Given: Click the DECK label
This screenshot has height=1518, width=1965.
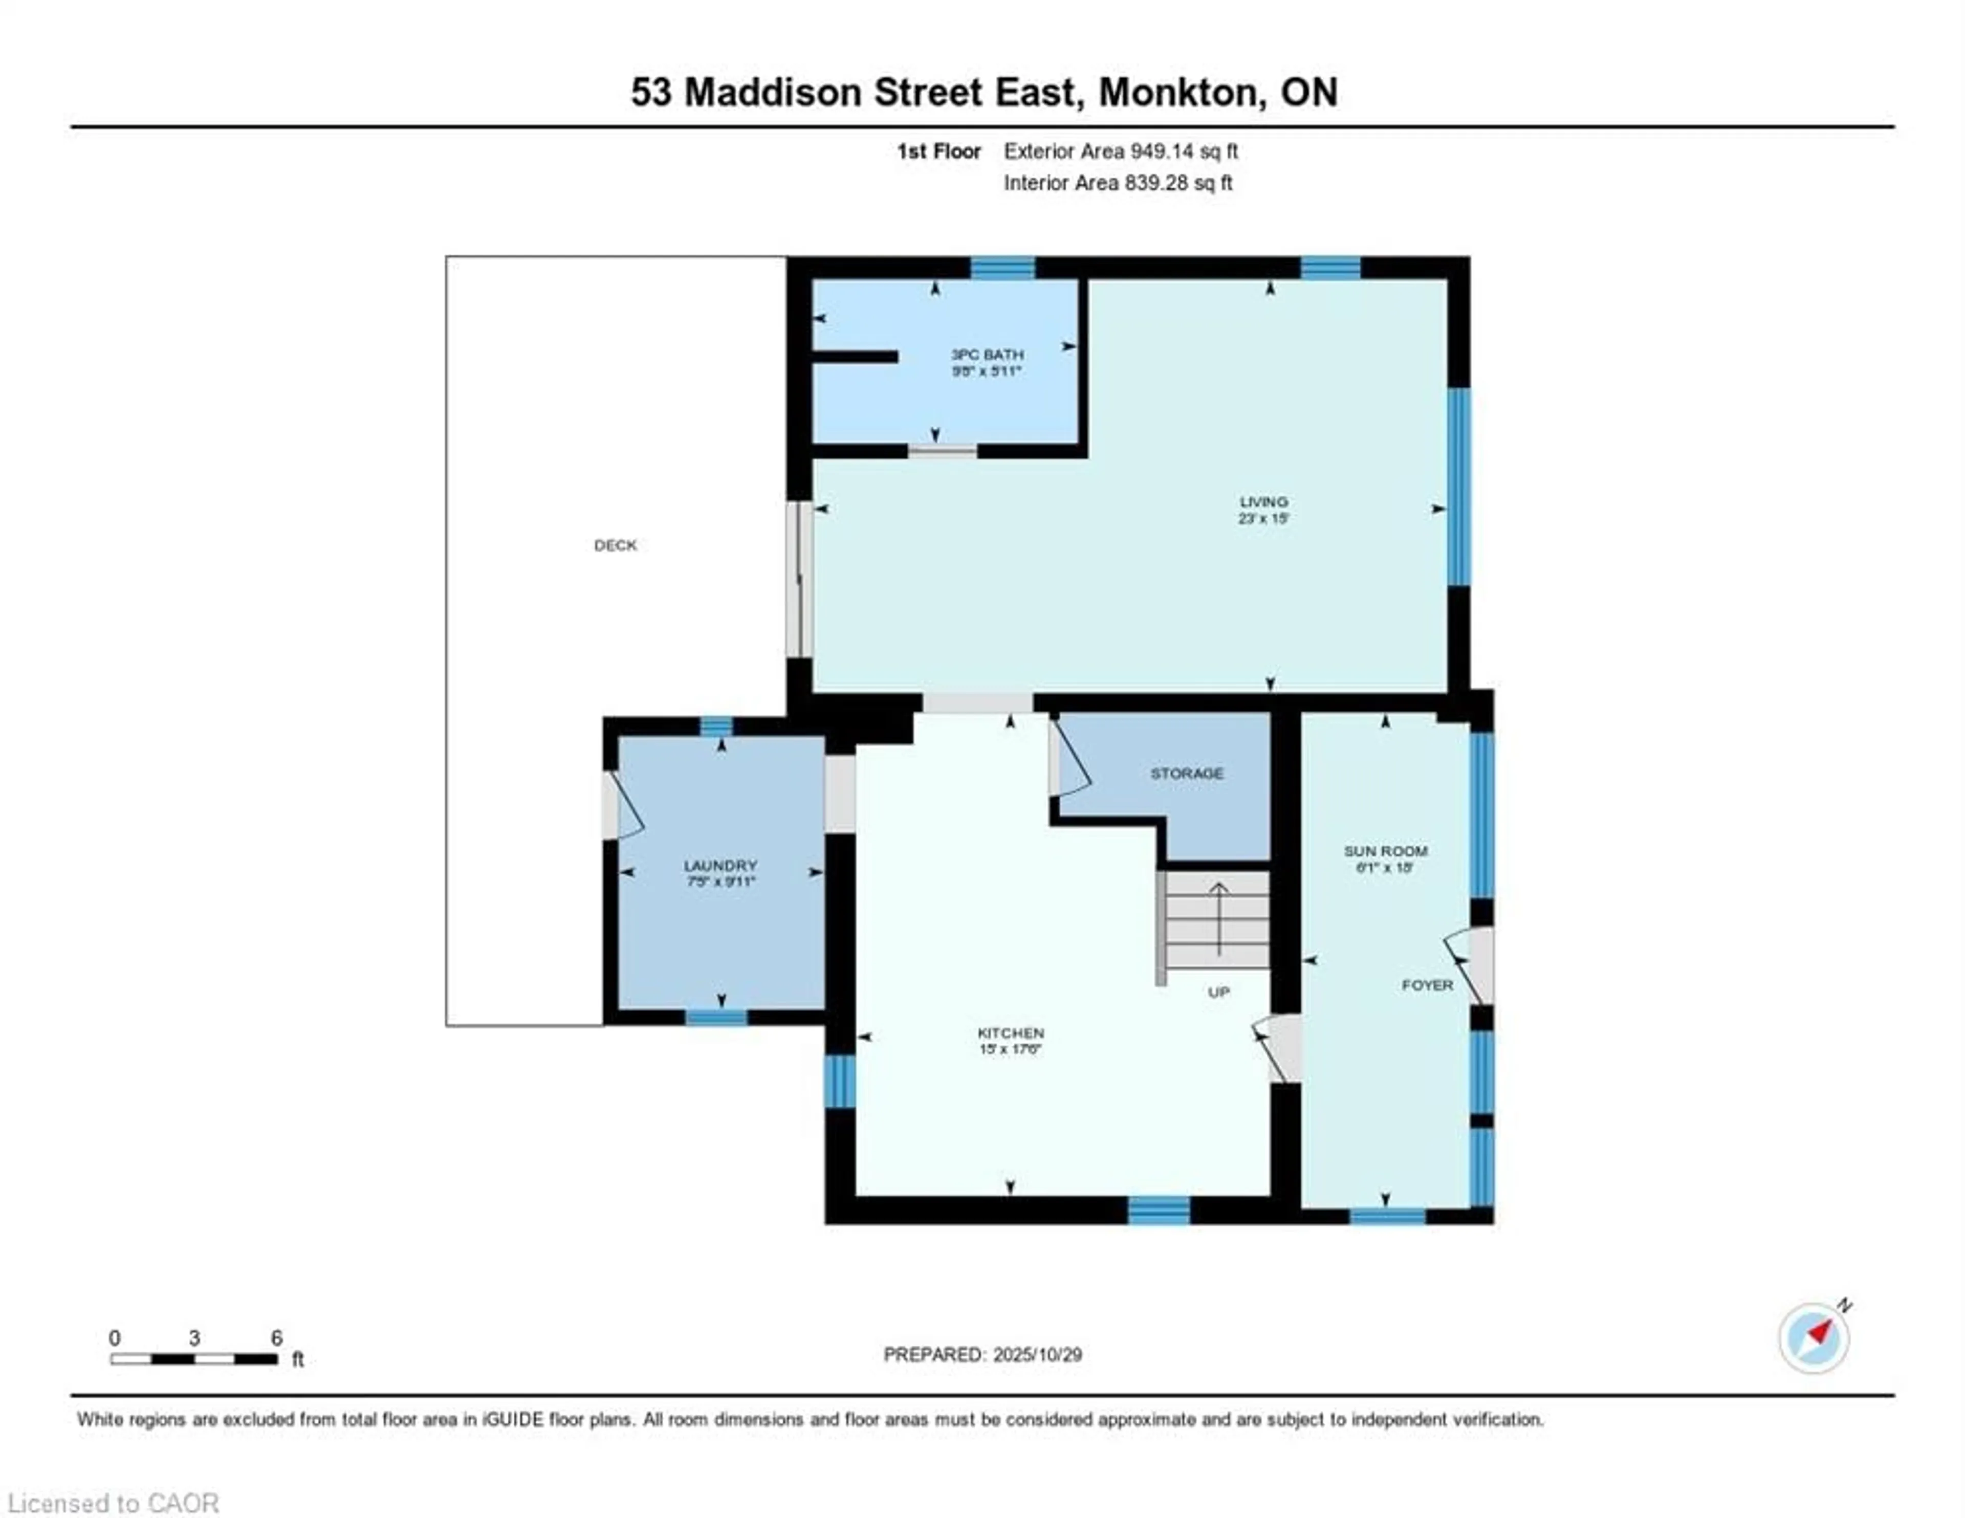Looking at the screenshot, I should (616, 545).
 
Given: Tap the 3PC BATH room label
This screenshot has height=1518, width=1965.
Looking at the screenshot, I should (987, 355).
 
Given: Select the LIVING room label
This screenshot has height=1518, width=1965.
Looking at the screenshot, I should (1263, 502).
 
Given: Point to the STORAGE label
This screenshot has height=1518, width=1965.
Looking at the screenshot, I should (1187, 773).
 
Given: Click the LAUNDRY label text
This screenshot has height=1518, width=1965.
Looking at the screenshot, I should (720, 866).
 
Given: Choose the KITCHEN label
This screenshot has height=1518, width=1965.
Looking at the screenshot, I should (1011, 1033).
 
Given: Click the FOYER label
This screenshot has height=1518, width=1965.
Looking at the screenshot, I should (1427, 985).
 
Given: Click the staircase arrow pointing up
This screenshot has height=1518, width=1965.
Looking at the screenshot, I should (1218, 918).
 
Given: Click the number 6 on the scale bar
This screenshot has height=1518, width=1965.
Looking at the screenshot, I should (277, 1338).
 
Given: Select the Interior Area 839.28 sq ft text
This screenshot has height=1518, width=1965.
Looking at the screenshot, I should (1118, 183).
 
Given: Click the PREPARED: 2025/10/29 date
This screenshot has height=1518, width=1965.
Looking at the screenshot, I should (982, 1354).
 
